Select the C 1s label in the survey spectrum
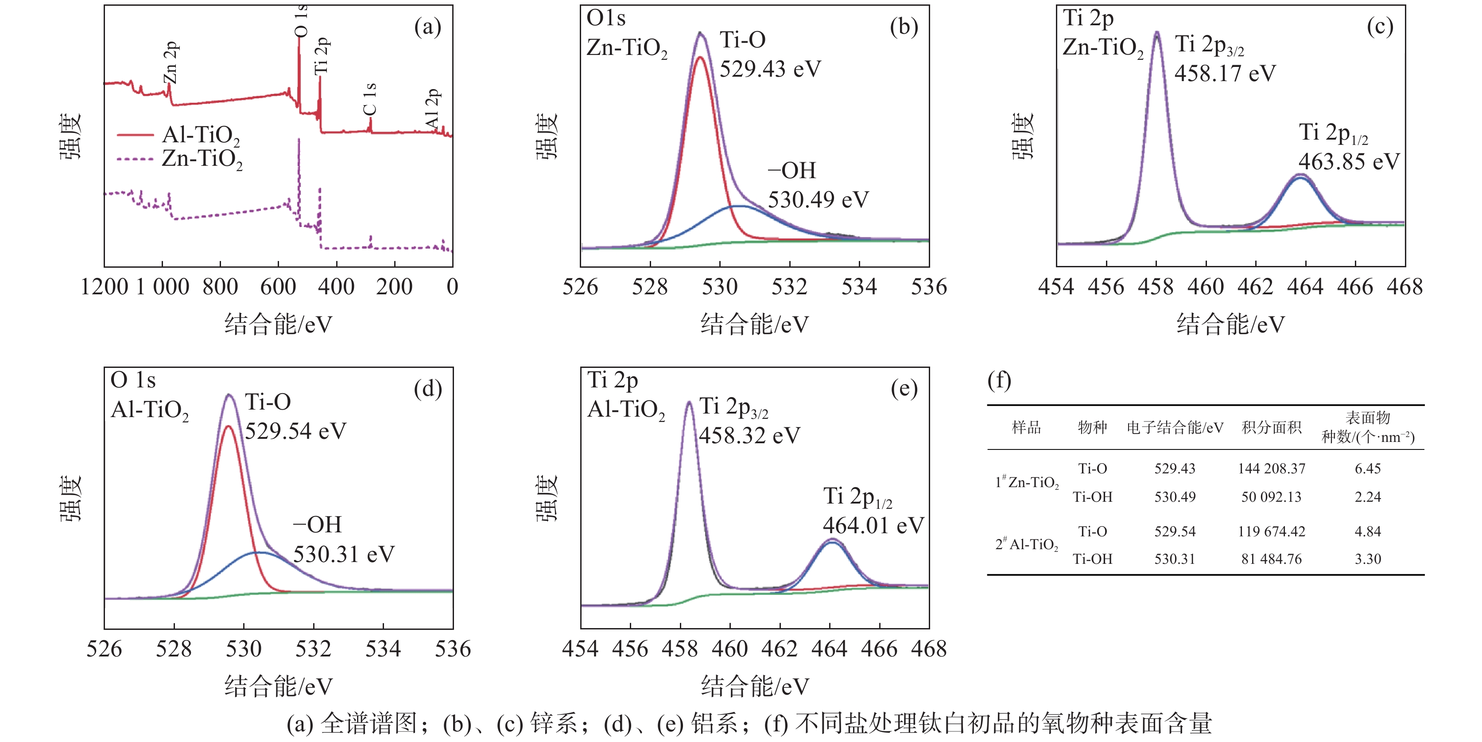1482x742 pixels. [x=369, y=98]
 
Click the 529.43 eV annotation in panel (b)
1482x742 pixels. [x=770, y=69]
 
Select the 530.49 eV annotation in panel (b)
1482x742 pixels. [x=818, y=200]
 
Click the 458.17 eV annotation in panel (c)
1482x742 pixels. [x=1225, y=74]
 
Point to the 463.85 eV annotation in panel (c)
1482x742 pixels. [x=1349, y=162]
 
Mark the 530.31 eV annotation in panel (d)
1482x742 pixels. [x=343, y=555]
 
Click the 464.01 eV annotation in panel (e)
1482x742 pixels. [x=873, y=525]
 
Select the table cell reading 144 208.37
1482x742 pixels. [x=1272, y=469]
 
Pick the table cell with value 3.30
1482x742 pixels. [x=1368, y=559]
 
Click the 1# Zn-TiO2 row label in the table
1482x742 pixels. [x=1027, y=482]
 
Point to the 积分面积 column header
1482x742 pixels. [x=1272, y=428]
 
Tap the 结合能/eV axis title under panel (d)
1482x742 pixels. [x=279, y=686]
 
